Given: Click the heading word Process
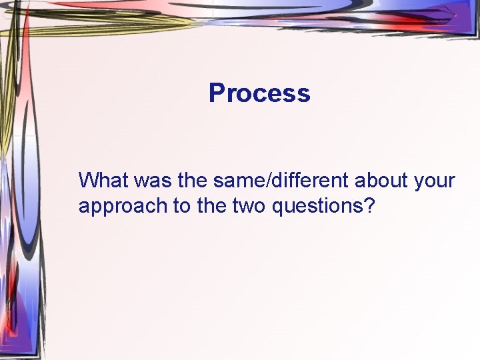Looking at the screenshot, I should (259, 93).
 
